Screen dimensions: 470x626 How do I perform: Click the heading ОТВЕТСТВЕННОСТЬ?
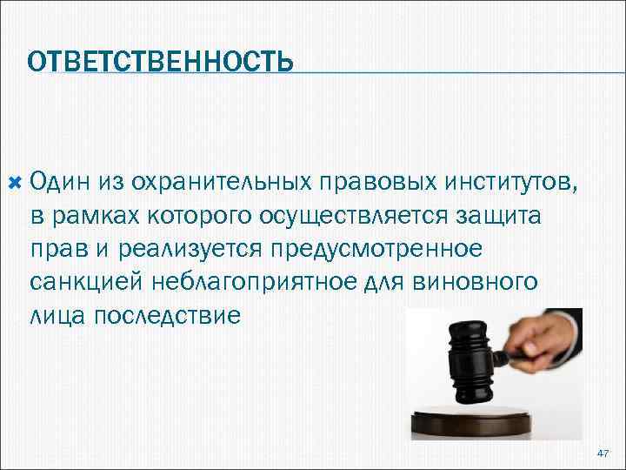point(160,62)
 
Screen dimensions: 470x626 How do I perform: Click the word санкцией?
point(79,281)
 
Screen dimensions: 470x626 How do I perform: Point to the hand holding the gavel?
point(548,334)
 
